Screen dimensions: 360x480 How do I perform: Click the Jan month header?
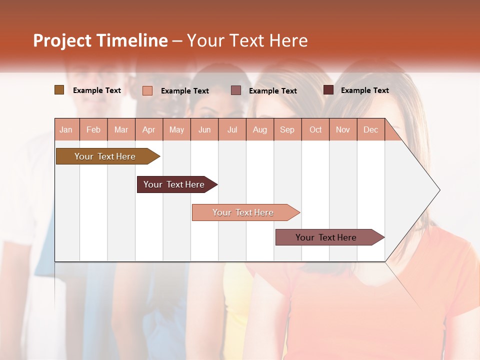point(66,130)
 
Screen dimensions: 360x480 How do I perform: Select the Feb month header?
point(93,130)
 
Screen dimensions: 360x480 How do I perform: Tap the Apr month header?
point(149,130)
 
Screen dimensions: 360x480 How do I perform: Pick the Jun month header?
point(204,130)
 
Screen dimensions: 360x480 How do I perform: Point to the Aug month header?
point(260,130)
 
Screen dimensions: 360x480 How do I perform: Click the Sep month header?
point(287,130)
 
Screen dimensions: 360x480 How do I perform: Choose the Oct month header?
point(315,130)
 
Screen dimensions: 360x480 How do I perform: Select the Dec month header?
point(370,130)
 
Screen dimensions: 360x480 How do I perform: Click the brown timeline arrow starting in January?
point(105,156)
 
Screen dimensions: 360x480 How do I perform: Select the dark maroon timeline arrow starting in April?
point(174,184)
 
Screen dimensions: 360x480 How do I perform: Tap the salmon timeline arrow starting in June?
point(243,212)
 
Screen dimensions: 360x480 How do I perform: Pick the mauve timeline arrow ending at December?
point(326,237)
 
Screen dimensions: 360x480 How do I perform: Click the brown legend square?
point(59,90)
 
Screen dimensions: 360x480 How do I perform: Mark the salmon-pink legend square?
point(147,90)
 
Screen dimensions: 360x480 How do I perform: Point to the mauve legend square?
point(236,90)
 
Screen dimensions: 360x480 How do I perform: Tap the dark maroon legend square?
point(328,90)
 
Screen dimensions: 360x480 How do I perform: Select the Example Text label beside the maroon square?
point(364,90)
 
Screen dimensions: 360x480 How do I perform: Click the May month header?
point(176,130)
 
